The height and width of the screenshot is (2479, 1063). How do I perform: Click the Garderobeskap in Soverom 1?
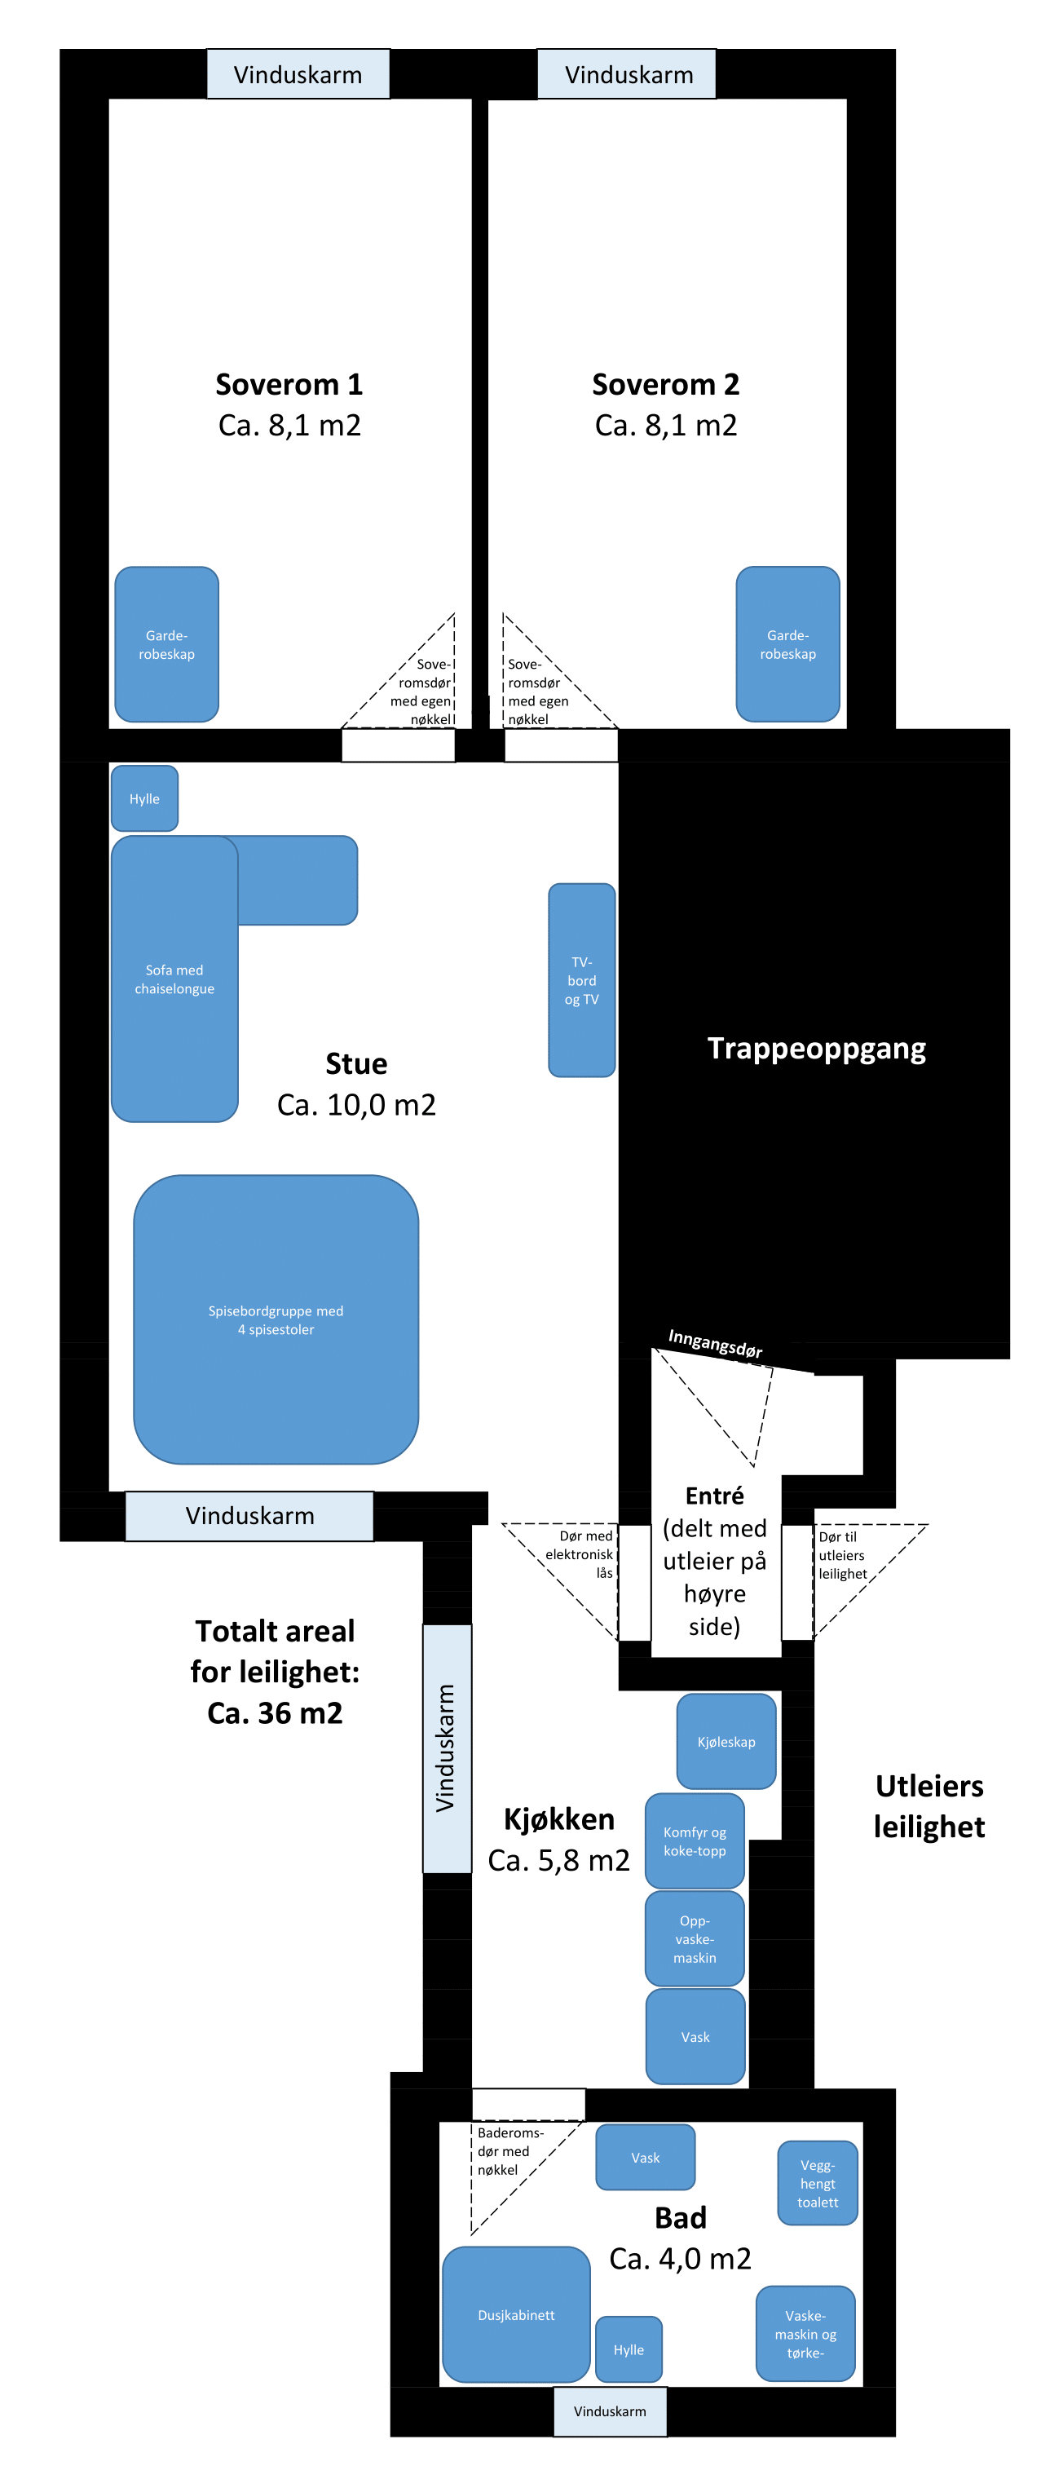(x=166, y=644)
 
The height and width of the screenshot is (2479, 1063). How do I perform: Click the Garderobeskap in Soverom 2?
(x=787, y=644)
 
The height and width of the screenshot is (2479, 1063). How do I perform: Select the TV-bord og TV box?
(x=581, y=979)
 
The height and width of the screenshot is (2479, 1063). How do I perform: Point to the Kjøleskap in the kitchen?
(x=726, y=1741)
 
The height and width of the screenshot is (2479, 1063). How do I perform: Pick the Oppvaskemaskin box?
(x=694, y=1938)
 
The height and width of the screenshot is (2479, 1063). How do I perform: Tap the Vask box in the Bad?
(x=645, y=2157)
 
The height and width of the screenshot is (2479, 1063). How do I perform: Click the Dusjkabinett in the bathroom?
(x=516, y=2313)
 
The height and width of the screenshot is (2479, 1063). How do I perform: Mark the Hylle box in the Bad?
(x=629, y=2349)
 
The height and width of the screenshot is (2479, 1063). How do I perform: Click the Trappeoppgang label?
(x=816, y=1048)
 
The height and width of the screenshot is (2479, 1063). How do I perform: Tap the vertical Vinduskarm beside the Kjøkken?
(x=447, y=1748)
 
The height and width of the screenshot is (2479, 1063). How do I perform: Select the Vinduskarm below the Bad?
(x=609, y=2410)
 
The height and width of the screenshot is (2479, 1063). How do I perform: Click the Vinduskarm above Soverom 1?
(x=298, y=74)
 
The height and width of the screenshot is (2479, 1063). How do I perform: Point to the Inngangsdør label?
(x=715, y=1343)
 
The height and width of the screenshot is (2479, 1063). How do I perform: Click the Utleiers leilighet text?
(x=928, y=1805)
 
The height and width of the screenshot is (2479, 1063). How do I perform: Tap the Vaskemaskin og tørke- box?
(x=805, y=2333)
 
